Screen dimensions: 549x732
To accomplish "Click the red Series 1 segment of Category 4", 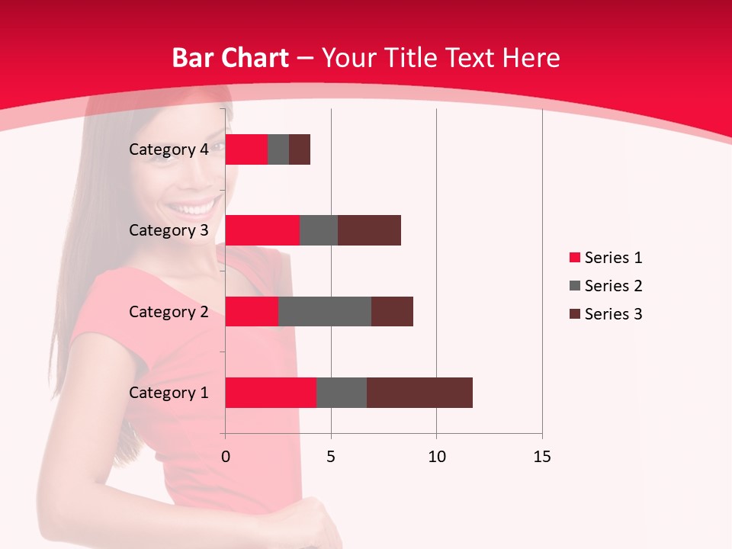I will tap(246, 149).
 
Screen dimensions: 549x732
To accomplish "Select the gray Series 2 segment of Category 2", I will tap(324, 311).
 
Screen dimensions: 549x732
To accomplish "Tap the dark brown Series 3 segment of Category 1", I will tap(419, 393).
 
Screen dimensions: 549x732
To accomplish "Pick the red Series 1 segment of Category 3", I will tap(262, 230).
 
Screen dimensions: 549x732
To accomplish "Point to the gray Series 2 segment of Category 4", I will tap(278, 149).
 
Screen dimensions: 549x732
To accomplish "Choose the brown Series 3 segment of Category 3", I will tap(369, 230).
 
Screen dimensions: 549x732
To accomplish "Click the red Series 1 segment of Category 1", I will tap(271, 393).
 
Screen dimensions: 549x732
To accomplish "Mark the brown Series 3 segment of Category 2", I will tap(392, 311).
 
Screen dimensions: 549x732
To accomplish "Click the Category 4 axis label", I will tap(169, 149).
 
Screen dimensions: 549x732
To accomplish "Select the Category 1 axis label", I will tap(169, 393).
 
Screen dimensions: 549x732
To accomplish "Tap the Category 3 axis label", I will tap(169, 230).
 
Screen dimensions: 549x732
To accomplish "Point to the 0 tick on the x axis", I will tap(225, 457).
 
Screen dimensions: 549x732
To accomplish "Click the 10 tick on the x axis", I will tap(436, 457).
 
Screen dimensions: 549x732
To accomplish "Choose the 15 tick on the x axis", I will tap(542, 457).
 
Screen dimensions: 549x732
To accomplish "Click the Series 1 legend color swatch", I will tap(574, 258).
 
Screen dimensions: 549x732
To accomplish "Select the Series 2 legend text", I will tap(613, 286).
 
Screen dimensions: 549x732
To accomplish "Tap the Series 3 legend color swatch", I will tap(574, 314).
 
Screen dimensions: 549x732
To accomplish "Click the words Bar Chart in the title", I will tap(230, 58).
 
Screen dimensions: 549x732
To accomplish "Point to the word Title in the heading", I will tap(413, 58).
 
